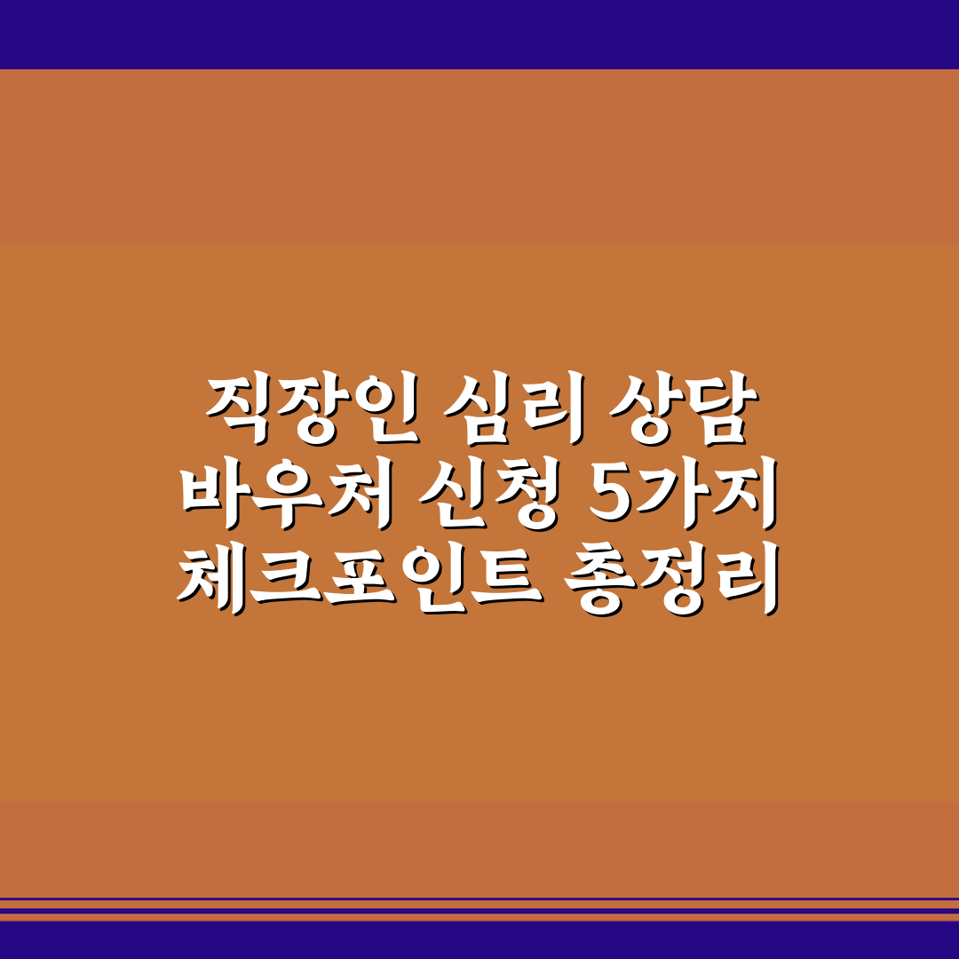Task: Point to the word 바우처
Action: [284, 492]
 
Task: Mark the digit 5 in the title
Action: [609, 492]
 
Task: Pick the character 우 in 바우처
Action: [284, 492]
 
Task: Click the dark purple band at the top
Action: [479, 34]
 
